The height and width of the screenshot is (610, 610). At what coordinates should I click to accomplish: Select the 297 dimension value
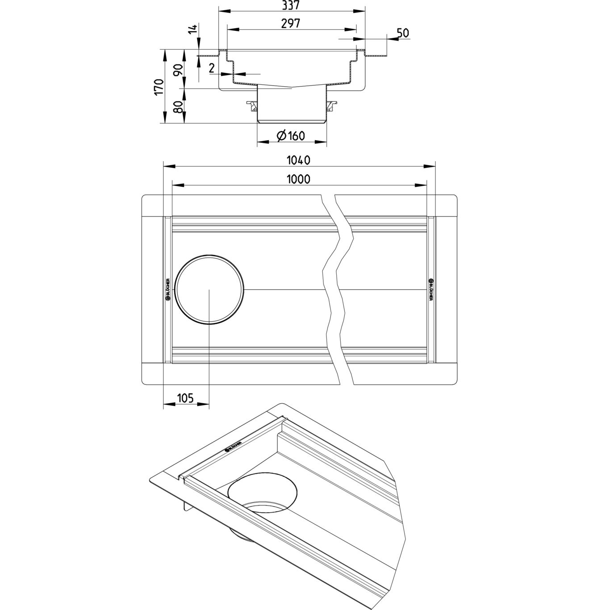[x=291, y=23]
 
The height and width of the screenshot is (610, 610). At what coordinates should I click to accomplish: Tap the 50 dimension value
[x=402, y=33]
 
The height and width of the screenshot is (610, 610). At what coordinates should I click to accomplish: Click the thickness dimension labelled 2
[x=212, y=68]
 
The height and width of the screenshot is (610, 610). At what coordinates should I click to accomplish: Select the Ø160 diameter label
[x=291, y=135]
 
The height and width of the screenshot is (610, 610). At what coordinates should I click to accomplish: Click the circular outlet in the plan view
[x=210, y=289]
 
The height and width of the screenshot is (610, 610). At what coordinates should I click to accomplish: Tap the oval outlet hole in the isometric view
[x=262, y=493]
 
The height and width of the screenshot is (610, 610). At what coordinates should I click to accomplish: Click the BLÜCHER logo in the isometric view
[x=233, y=446]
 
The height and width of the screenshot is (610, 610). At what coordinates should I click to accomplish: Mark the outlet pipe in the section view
[x=292, y=105]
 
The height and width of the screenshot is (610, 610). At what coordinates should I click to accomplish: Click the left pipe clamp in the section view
[x=253, y=106]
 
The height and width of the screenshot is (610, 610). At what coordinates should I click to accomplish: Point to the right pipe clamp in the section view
[x=331, y=106]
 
